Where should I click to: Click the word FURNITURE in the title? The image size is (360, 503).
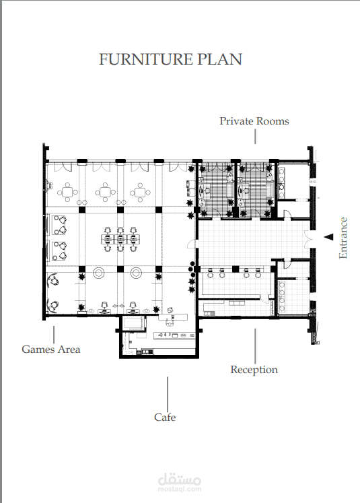tap(146, 59)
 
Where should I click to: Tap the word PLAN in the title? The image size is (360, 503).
tap(219, 59)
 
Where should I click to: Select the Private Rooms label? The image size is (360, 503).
tap(254, 121)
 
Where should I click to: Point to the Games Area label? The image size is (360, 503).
tap(51, 349)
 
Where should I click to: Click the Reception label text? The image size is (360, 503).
tap(254, 370)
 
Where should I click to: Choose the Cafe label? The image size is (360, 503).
tap(165, 417)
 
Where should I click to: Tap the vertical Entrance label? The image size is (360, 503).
tap(343, 238)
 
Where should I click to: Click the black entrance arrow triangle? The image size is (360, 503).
tap(328, 237)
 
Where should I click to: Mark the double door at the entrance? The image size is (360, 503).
tap(308, 239)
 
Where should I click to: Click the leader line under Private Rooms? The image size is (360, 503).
tap(255, 136)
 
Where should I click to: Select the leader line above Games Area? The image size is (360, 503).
tap(54, 335)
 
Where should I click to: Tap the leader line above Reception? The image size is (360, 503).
tap(255, 346)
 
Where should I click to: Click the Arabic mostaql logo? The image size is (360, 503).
tap(180, 479)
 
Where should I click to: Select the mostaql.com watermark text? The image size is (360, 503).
tap(180, 490)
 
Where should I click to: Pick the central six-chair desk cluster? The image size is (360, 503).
tap(120, 239)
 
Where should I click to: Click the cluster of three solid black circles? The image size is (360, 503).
tap(192, 269)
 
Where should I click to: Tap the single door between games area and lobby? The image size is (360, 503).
tap(192, 244)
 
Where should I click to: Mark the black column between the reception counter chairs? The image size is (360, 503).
tap(236, 269)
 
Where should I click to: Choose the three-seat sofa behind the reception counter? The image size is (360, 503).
tap(237, 303)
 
